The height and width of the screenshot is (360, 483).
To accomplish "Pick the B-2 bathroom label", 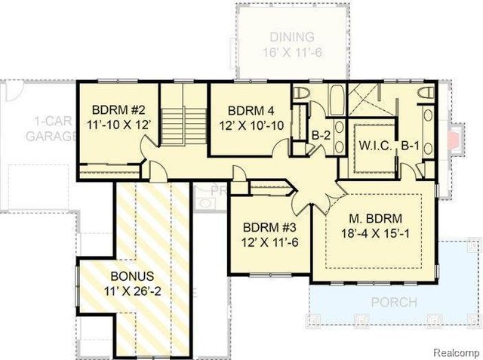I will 322,135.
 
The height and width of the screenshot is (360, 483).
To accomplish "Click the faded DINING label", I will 294,37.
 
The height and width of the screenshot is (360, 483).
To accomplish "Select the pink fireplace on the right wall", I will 454,140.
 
